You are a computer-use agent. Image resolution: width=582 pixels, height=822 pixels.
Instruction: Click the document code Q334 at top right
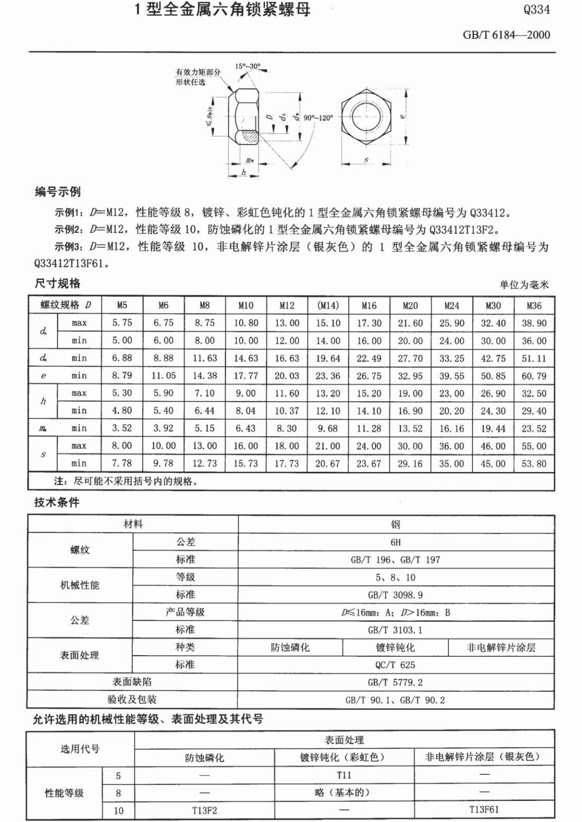pyautogui.click(x=536, y=9)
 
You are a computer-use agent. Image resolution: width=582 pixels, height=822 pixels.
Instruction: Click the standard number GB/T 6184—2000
pyautogui.click(x=506, y=35)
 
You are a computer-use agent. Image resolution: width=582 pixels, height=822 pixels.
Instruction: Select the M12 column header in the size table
pyautogui.click(x=287, y=305)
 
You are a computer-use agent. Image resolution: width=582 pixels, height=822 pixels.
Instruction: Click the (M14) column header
pyautogui.click(x=328, y=305)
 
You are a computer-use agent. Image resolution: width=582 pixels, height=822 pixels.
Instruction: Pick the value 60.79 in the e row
pyautogui.click(x=534, y=376)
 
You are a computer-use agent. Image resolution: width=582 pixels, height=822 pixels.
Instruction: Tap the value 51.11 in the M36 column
pyautogui.click(x=534, y=358)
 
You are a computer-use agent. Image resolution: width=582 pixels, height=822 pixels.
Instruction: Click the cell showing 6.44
pyautogui.click(x=205, y=411)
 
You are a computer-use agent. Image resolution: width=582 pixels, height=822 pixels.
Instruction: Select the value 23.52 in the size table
pyautogui.click(x=534, y=428)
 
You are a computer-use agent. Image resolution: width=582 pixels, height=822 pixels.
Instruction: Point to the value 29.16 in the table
pyautogui.click(x=410, y=464)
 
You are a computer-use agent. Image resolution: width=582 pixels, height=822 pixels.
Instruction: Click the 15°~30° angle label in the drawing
pyautogui.click(x=248, y=67)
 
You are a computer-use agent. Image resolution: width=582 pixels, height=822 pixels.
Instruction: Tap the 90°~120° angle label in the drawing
pyautogui.click(x=319, y=118)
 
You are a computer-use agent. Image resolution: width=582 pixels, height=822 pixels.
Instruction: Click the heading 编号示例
pyautogui.click(x=58, y=192)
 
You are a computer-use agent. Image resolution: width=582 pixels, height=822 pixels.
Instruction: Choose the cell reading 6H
pyautogui.click(x=396, y=542)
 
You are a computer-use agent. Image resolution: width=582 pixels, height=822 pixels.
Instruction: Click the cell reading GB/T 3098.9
pyautogui.click(x=396, y=594)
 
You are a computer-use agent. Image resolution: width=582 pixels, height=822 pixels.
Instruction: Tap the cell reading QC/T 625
pyautogui.click(x=396, y=665)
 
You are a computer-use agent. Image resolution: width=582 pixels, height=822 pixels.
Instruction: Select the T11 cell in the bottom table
pyautogui.click(x=344, y=775)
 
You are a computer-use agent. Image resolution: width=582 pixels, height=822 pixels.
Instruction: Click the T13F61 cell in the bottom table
pyautogui.click(x=484, y=810)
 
